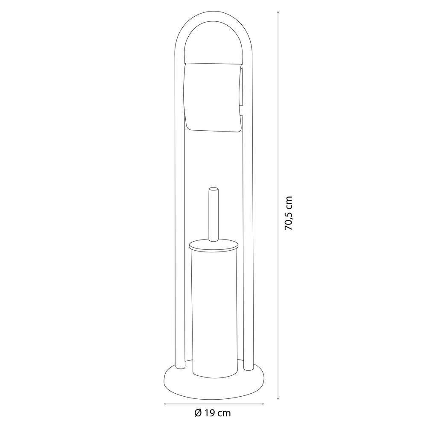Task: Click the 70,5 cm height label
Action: [288, 213]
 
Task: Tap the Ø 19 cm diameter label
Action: [213, 413]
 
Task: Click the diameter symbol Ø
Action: [198, 413]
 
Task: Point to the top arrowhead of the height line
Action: [278, 12]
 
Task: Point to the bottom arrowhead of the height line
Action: [278, 398]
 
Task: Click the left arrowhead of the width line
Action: [165, 404]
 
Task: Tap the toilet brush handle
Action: [213, 214]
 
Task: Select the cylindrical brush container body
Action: [215, 313]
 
